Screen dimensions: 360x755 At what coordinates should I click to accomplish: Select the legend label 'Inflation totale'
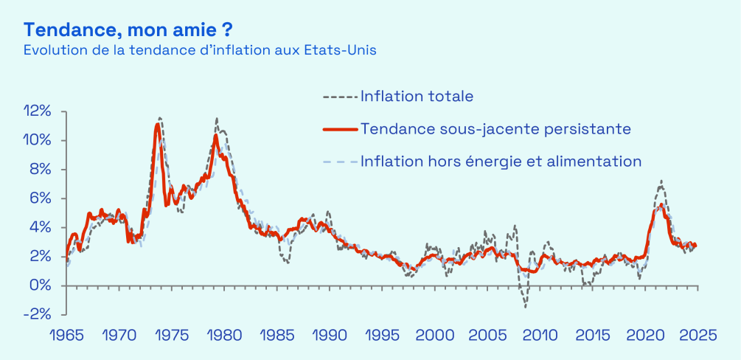[x=417, y=96]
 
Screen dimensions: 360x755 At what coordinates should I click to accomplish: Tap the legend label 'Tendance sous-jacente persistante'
[x=495, y=128]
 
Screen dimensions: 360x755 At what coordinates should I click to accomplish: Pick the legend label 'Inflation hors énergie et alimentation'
[x=501, y=161]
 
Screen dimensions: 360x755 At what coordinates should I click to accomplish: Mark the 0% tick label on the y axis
[x=40, y=285]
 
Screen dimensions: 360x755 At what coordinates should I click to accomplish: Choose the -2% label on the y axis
[x=38, y=314]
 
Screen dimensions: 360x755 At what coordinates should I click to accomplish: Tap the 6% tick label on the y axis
[x=40, y=198]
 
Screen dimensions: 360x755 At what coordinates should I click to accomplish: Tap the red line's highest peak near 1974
[x=157, y=124]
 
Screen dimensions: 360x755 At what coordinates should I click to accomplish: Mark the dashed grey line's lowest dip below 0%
[x=526, y=307]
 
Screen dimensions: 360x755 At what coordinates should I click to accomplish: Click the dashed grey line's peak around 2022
[x=661, y=181]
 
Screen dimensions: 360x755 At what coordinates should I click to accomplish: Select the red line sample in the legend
[x=340, y=129]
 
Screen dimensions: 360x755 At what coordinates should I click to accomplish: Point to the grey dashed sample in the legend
[x=340, y=96]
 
